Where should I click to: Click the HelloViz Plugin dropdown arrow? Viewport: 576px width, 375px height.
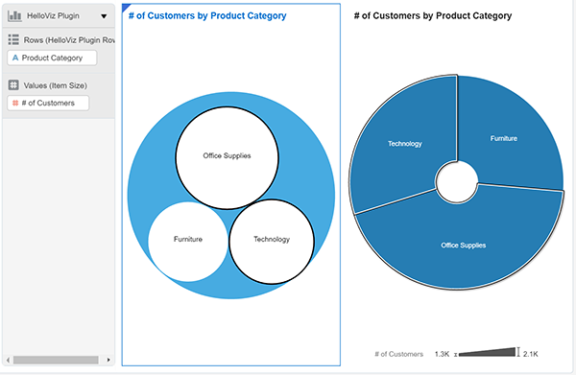pyautogui.click(x=104, y=16)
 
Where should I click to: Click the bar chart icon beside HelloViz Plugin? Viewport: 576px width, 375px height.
pyautogui.click(x=14, y=16)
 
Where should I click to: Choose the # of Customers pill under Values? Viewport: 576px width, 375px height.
pyautogui.click(x=48, y=103)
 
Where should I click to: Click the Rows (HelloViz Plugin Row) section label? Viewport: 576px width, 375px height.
pyautogui.click(x=67, y=39)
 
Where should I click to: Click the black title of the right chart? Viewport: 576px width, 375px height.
pyautogui.click(x=432, y=16)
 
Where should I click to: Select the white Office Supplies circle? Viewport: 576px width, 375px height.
pyautogui.click(x=228, y=156)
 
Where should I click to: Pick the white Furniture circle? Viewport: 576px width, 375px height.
pyautogui.click(x=188, y=239)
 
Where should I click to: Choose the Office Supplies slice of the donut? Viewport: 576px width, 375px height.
pyautogui.click(x=463, y=246)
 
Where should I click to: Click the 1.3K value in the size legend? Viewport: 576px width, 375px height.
pyautogui.click(x=442, y=355)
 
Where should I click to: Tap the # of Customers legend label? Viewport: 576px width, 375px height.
pyautogui.click(x=398, y=355)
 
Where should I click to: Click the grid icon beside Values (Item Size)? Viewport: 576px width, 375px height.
pyautogui.click(x=13, y=84)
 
